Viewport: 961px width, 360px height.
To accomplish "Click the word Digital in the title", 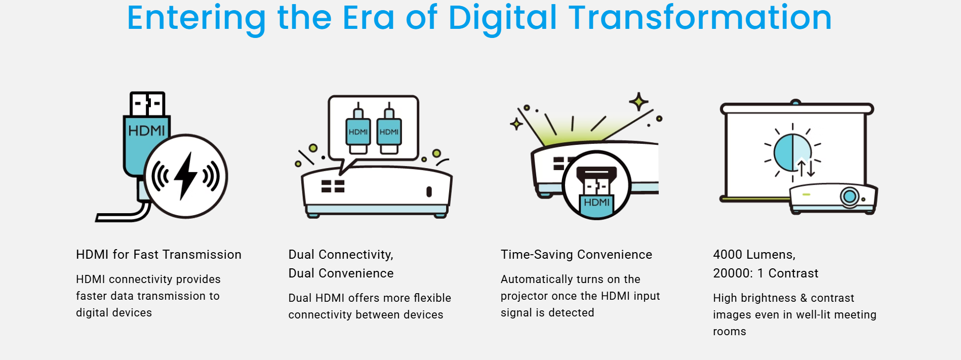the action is click(503, 18).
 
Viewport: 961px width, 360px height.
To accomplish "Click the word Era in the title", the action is click(369, 18).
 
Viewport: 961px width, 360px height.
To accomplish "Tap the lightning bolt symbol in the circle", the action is click(186, 175).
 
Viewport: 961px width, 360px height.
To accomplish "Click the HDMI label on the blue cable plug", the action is click(146, 131).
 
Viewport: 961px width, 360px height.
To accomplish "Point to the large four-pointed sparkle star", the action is click(638, 102).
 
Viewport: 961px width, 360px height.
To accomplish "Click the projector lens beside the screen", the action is click(850, 196).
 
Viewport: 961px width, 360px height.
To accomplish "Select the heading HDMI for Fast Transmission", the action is click(158, 254).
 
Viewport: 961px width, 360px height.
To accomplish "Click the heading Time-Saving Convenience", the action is click(576, 254).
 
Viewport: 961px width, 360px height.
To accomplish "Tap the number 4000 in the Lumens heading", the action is click(728, 254).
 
